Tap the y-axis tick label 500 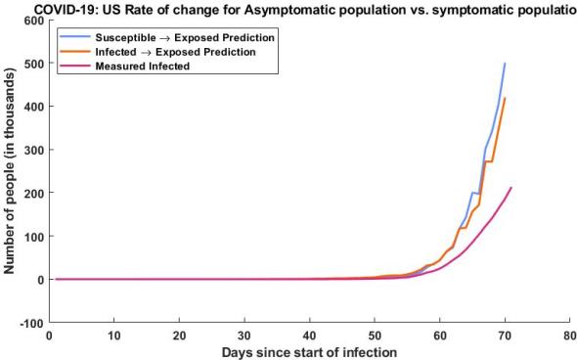point(32,64)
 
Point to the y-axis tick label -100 point(30,323)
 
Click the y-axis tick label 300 point(32,150)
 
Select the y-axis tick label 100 point(32,237)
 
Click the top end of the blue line point(505,64)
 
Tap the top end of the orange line point(505,98)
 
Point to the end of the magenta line point(511,188)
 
